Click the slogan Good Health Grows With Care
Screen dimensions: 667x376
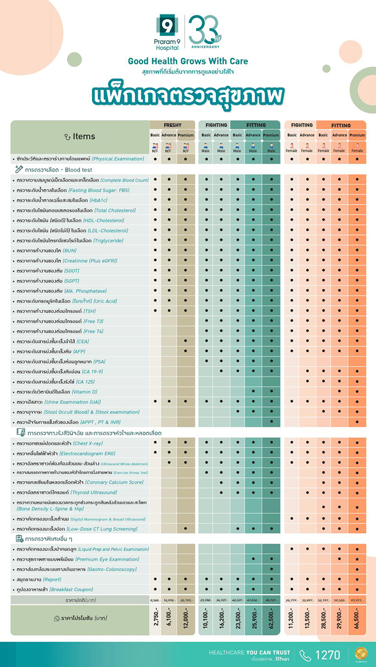pos(188,61)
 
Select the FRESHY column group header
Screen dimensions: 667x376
pos(172,125)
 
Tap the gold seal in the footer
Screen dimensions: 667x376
pos(361,654)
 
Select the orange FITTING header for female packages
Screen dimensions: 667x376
pos(341,125)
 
